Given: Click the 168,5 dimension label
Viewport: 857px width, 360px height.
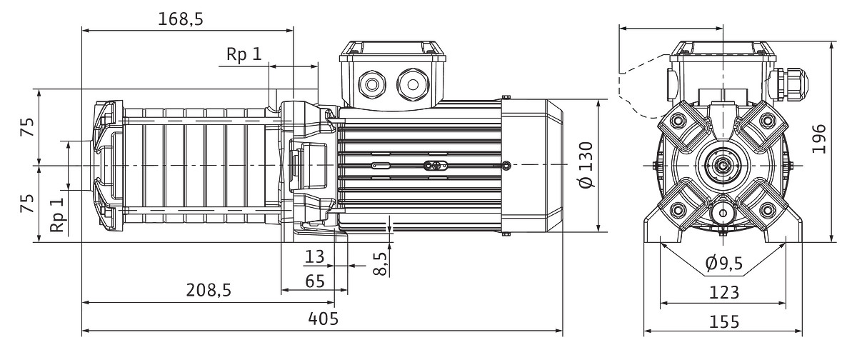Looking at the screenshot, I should [x=181, y=19].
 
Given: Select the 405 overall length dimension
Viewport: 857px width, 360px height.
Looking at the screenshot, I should [x=323, y=319].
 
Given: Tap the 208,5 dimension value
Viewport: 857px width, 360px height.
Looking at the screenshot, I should [x=209, y=290].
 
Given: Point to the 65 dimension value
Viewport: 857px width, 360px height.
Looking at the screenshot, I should [x=315, y=281].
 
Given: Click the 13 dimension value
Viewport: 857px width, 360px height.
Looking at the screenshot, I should [x=314, y=256].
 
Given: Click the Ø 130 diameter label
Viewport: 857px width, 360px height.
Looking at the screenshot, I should [x=586, y=165].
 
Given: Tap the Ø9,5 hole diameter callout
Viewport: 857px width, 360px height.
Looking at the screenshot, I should [x=723, y=264].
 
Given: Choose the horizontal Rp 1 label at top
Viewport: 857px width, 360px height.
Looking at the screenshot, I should [x=244, y=55].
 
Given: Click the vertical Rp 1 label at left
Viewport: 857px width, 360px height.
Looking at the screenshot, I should [x=57, y=214].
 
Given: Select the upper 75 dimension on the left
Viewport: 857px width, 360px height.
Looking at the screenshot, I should [x=27, y=127].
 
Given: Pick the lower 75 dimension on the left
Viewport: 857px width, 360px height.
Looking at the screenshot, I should [x=27, y=204].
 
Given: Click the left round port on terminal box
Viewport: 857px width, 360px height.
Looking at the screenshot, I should [x=372, y=84].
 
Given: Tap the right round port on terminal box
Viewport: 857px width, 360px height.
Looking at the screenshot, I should [x=412, y=84].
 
